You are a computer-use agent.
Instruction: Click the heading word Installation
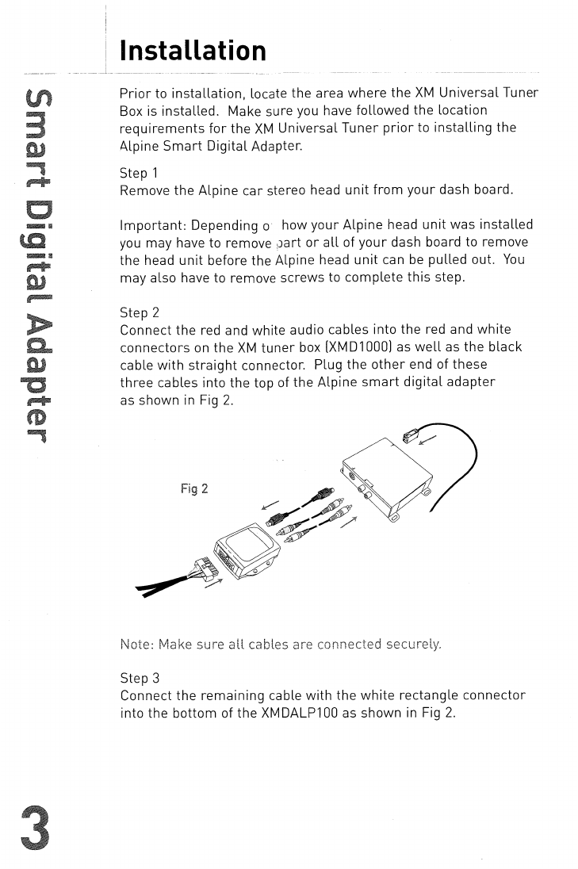point(193,50)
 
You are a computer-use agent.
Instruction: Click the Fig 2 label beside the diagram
point(194,488)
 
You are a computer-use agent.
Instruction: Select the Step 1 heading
point(139,173)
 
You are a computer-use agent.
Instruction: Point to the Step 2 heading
point(140,312)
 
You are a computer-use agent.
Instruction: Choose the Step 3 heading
point(140,678)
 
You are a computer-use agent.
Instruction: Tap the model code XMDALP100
point(298,713)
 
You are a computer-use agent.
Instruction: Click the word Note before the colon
point(136,644)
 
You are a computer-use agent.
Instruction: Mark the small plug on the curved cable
point(411,437)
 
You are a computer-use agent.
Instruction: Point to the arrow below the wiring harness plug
point(212,584)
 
